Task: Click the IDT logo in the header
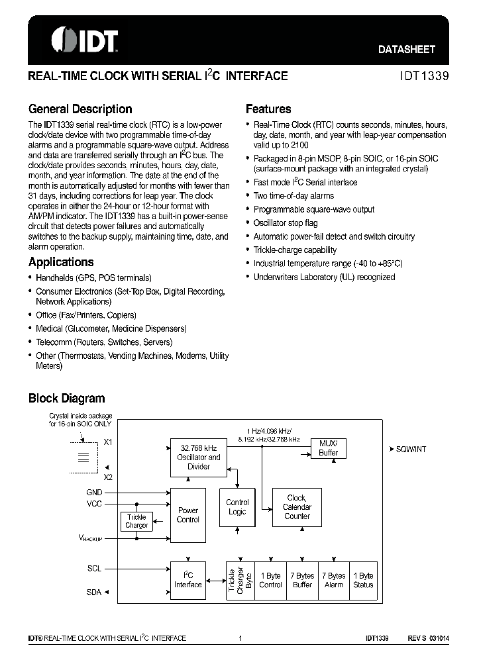coord(85,40)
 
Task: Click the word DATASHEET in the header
coord(407,49)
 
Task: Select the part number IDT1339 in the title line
coord(424,76)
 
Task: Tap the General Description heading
coord(80,109)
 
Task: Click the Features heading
coord(268,109)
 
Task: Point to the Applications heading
coord(61,262)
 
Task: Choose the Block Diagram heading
coord(66,399)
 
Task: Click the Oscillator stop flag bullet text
coord(286,223)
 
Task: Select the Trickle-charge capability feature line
coord(295,250)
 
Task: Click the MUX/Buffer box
coord(329,448)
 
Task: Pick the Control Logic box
coord(237,507)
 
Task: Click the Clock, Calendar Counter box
coord(297,507)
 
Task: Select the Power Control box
coord(188,515)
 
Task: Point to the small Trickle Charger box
coord(136,522)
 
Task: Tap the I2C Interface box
coord(188,580)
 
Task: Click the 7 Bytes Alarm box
coord(334,581)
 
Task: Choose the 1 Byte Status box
coord(363,581)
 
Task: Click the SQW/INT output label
coord(411,448)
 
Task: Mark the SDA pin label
coord(94,593)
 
